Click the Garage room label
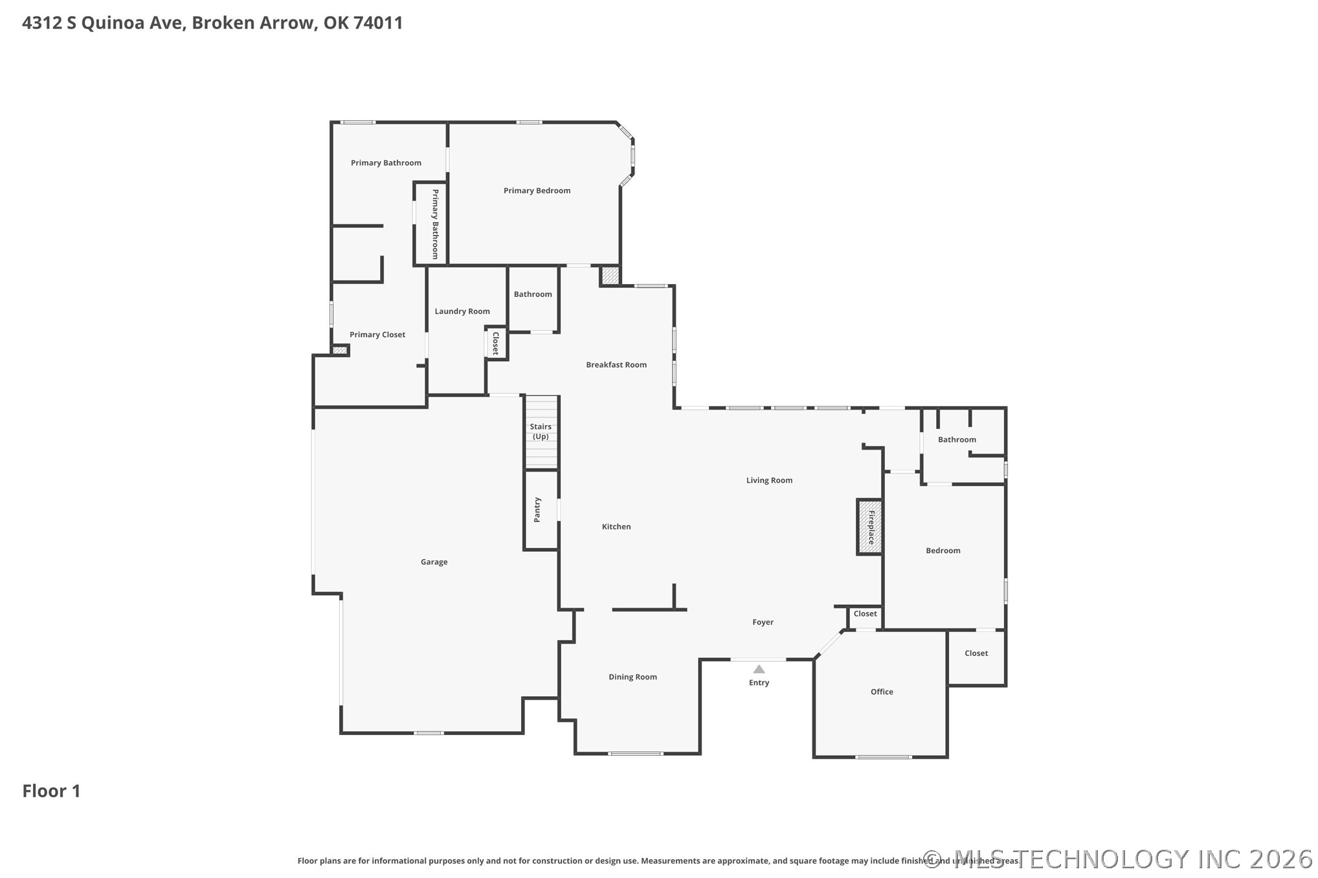tap(434, 562)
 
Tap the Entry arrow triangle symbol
tap(759, 669)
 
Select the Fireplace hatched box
tap(870, 527)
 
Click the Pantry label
tap(537, 510)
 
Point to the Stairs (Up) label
tap(541, 431)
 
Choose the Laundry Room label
tap(462, 311)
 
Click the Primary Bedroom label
tap(537, 190)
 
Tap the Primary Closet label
tap(377, 335)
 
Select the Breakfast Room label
tap(616, 364)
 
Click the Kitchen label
tap(616, 527)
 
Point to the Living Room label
tap(769, 480)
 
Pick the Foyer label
tap(763, 622)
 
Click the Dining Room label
tap(632, 677)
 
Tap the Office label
tap(882, 692)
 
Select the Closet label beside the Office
tap(976, 653)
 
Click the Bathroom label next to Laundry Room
tap(533, 294)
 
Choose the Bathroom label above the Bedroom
tap(957, 439)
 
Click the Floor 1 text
tap(51, 791)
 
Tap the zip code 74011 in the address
tap(378, 23)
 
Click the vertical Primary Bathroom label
tap(435, 224)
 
